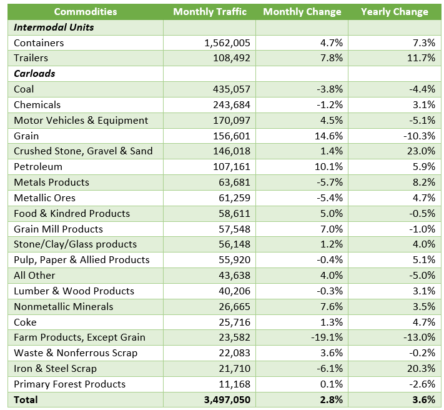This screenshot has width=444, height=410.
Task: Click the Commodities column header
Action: pyautogui.click(x=85, y=12)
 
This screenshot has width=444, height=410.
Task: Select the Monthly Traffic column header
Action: pyautogui.click(x=210, y=12)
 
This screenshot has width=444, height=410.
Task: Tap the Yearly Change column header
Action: pyautogui.click(x=394, y=12)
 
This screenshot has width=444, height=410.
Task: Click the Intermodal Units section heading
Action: pyautogui.click(x=54, y=27)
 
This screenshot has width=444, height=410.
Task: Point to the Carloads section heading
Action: pyautogui.click(x=34, y=74)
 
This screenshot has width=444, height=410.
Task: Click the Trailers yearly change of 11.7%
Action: pyautogui.click(x=420, y=58)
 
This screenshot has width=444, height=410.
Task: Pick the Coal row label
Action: pyautogui.click(x=24, y=89)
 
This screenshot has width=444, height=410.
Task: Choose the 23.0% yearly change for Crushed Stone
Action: pyautogui.click(x=420, y=151)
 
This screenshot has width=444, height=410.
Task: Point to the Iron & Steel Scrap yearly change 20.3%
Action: pyautogui.click(x=420, y=369)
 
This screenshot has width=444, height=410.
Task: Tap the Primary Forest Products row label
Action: pyautogui.click(x=69, y=384)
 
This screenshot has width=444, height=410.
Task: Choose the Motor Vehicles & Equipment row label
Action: pyautogui.click(x=81, y=120)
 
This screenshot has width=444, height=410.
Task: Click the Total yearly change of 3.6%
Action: pyautogui.click(x=422, y=400)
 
